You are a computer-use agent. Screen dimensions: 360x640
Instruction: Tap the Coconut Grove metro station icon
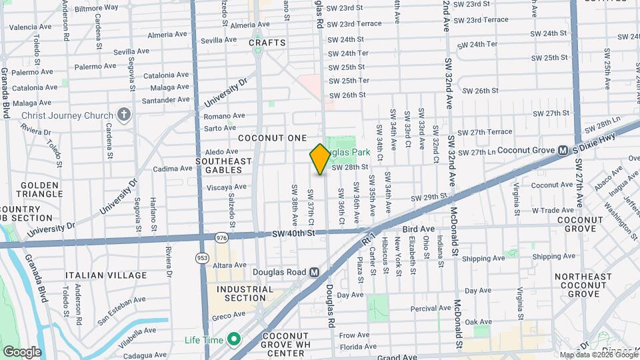point(563,151)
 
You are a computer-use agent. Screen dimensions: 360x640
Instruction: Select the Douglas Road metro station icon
point(315,272)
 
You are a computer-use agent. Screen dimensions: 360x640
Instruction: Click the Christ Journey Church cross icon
point(123,115)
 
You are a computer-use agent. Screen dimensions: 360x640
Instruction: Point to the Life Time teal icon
point(233,340)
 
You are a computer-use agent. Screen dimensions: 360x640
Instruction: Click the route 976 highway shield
point(221,237)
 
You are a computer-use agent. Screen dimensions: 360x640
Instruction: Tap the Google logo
point(22,352)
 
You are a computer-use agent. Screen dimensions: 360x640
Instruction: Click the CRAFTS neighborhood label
point(267,43)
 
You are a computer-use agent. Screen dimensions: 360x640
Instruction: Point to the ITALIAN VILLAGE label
point(106,275)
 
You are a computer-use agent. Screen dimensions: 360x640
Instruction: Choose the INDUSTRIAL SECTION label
point(244,294)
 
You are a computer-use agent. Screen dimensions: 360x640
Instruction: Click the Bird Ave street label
point(418,229)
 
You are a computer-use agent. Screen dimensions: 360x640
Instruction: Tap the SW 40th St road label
point(293,233)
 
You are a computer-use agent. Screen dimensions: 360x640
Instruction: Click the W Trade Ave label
point(552,211)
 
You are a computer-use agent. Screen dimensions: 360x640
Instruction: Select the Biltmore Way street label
point(97,7)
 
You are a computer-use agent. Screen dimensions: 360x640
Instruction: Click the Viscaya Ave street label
point(227,187)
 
